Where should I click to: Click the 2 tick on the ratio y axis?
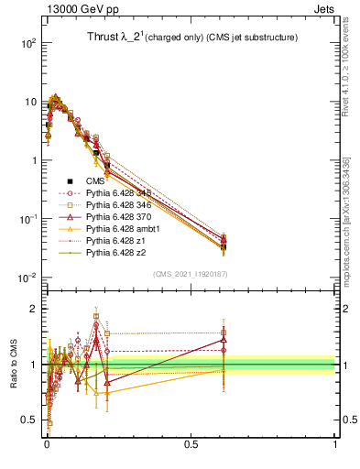(x=36, y=309)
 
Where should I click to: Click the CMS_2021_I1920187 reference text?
(x=190, y=273)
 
